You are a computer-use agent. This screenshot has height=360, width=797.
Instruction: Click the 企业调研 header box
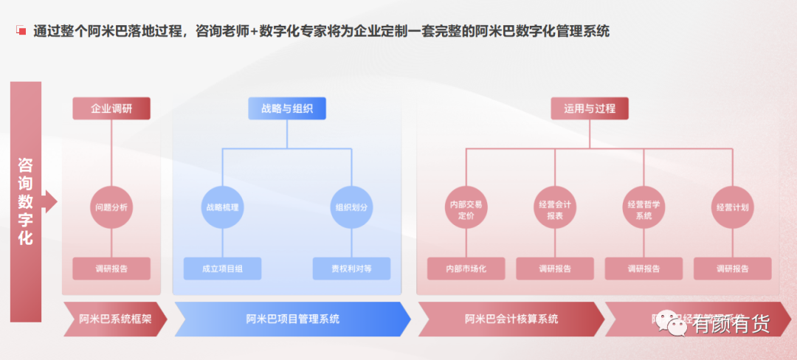pos(111,108)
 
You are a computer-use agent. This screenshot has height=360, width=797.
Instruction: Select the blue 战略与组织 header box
pos(287,108)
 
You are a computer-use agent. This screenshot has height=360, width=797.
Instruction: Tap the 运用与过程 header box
pos(589,108)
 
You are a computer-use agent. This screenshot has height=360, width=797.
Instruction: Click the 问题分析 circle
pos(111,207)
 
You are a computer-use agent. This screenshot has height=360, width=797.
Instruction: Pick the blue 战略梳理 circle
pos(222,207)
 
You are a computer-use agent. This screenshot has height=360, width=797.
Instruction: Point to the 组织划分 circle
pos(351,207)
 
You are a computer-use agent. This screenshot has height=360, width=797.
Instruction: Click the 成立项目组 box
pos(222,269)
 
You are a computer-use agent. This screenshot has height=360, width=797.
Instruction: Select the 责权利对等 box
pos(351,269)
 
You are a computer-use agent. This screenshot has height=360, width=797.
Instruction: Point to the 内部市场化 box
pos(466,269)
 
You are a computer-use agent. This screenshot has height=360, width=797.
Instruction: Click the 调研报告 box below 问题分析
pos(111,269)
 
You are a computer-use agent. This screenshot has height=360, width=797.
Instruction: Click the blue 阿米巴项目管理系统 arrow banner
pos(292,319)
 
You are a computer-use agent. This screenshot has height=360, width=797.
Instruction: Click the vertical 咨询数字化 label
pos(26,201)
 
